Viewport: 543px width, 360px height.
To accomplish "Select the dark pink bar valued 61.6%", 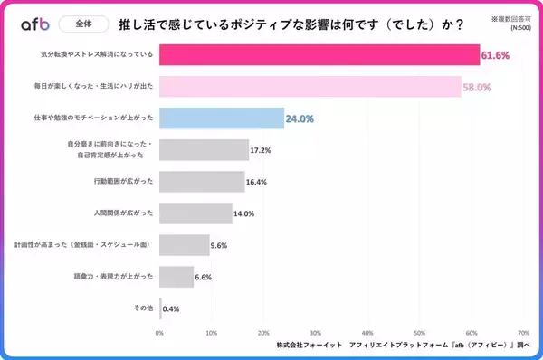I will [319, 55].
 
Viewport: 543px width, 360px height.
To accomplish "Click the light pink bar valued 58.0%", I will [310, 87].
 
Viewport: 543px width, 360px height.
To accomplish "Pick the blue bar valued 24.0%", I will [222, 118].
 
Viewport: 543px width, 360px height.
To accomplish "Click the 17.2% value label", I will [261, 150].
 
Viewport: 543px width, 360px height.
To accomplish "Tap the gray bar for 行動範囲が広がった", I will [202, 182].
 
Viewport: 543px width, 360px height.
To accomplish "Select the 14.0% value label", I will [243, 213].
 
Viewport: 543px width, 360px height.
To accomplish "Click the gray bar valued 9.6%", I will [185, 245].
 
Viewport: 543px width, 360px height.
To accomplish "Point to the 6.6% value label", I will [203, 277].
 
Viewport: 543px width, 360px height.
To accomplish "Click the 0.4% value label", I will [171, 308].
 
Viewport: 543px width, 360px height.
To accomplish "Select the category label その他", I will [143, 308].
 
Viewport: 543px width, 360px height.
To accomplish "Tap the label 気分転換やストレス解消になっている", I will [98, 55].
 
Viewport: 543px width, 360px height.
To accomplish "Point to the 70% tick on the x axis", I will [523, 332].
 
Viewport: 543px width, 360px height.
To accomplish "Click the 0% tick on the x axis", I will [160, 332].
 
